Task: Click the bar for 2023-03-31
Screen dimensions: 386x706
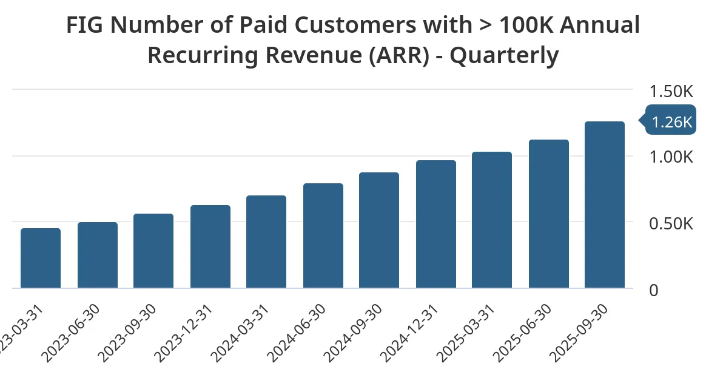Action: coord(41,258)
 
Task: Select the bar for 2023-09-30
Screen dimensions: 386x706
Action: coord(153,251)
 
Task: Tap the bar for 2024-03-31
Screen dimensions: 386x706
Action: coord(266,242)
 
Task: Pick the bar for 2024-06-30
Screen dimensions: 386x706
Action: coord(323,235)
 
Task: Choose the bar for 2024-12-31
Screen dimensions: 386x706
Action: coord(436,224)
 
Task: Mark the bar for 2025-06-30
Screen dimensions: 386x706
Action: coord(549,214)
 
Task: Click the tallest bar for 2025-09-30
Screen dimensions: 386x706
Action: coord(605,205)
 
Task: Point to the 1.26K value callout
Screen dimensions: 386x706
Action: coord(670,122)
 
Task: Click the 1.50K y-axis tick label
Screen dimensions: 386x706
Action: coord(671,92)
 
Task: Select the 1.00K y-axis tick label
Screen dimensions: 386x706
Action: coord(671,157)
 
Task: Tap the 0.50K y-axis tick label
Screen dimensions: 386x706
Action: coord(671,223)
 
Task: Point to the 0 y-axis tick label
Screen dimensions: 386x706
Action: coord(654,290)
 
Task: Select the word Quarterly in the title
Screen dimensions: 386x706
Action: coord(504,55)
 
